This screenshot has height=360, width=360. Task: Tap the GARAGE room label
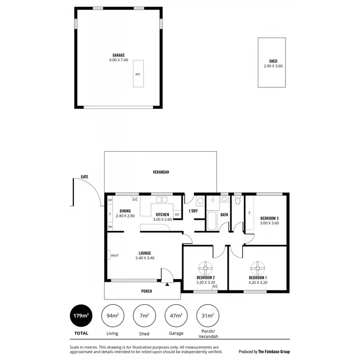(119, 55)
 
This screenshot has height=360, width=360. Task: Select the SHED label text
(273, 61)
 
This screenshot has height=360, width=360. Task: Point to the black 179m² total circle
(81, 315)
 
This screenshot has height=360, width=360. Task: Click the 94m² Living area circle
(112, 315)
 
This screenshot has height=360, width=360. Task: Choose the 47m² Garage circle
(176, 315)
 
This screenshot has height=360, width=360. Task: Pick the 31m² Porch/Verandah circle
(207, 315)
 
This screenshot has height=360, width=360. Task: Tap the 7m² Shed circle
(144, 315)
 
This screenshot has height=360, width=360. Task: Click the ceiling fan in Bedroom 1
(258, 267)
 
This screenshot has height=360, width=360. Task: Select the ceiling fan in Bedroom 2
(205, 267)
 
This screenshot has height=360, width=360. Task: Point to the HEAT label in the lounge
(115, 255)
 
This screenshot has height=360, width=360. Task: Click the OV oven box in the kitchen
(177, 214)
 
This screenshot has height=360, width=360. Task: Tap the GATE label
(84, 177)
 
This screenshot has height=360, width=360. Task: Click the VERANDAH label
(161, 172)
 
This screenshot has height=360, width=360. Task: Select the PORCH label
(146, 291)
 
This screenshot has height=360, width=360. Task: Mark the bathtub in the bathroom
(212, 221)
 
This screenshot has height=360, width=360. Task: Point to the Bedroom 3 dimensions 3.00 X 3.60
(269, 223)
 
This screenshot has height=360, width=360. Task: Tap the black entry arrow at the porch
(167, 285)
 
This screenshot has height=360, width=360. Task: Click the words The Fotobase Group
(274, 351)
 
